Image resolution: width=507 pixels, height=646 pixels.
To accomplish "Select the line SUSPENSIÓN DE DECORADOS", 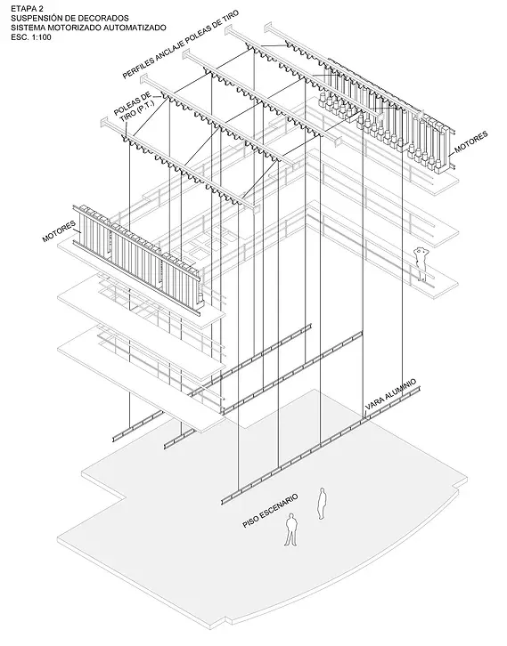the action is pyautogui.click(x=70, y=18).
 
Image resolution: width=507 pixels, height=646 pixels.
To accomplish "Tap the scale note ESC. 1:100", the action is pyautogui.click(x=31, y=37).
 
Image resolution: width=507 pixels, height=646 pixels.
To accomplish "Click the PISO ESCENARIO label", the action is pyautogui.click(x=270, y=511).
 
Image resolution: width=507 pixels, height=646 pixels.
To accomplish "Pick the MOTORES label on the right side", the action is pyautogui.click(x=471, y=142).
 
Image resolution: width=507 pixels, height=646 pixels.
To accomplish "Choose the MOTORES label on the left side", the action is pyautogui.click(x=60, y=231).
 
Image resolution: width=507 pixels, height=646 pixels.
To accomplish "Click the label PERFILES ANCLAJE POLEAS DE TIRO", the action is pyautogui.click(x=180, y=44).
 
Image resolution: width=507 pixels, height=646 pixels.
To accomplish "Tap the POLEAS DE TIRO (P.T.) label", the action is pyautogui.click(x=135, y=108).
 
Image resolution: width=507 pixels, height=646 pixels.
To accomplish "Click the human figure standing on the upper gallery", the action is pyautogui.click(x=421, y=263).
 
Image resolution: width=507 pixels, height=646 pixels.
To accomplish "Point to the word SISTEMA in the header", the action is pyautogui.click(x=28, y=28).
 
